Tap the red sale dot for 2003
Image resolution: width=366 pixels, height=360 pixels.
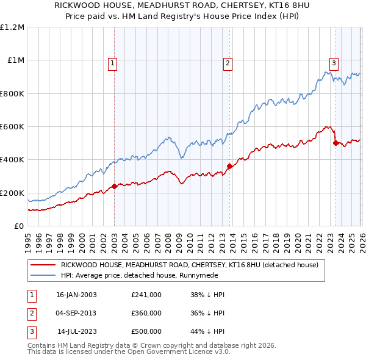coord(115,186)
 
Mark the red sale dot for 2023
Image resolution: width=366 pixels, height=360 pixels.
coord(335,143)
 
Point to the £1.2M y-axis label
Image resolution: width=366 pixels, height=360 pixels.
coord(12,27)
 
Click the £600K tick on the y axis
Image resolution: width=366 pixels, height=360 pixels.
coord(12,127)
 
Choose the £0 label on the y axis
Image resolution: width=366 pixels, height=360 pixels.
coord(19,226)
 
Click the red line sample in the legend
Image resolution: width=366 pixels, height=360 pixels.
coord(43,265)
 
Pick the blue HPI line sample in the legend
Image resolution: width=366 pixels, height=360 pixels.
coord(43,275)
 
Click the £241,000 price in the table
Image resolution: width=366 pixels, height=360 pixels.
coord(146,295)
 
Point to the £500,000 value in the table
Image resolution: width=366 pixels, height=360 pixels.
coord(146,331)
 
